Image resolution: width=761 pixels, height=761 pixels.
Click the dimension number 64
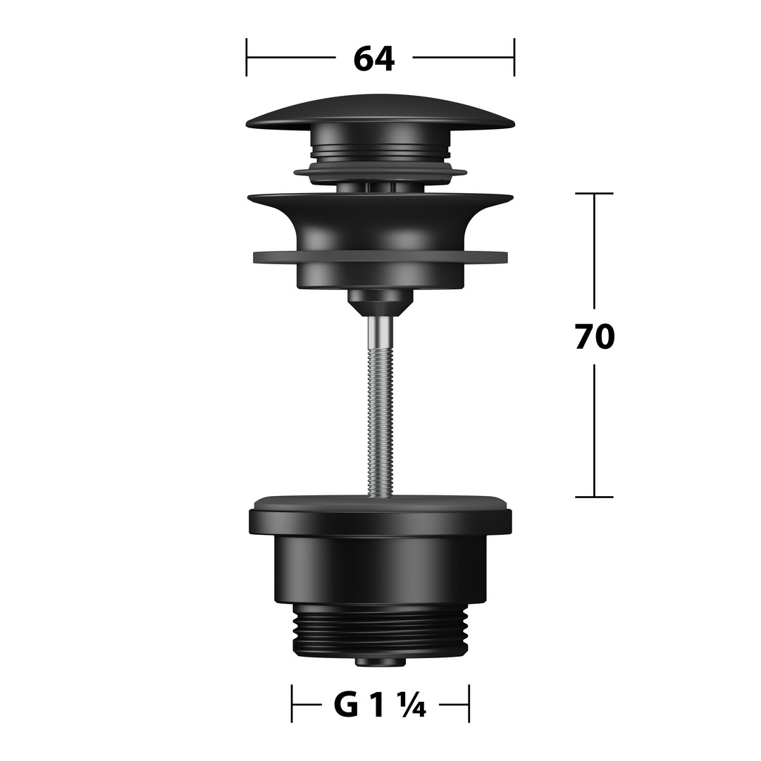(373, 58)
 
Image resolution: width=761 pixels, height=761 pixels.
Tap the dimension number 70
(595, 337)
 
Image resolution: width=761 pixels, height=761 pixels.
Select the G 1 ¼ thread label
(380, 705)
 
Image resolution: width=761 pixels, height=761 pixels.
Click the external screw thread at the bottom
(380, 630)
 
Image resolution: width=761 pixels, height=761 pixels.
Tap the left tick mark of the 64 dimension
(247, 57)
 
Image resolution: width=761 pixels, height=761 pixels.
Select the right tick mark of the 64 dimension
(514, 57)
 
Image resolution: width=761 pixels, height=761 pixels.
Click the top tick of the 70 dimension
(594, 193)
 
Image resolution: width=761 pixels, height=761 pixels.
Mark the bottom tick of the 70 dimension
(594, 497)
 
